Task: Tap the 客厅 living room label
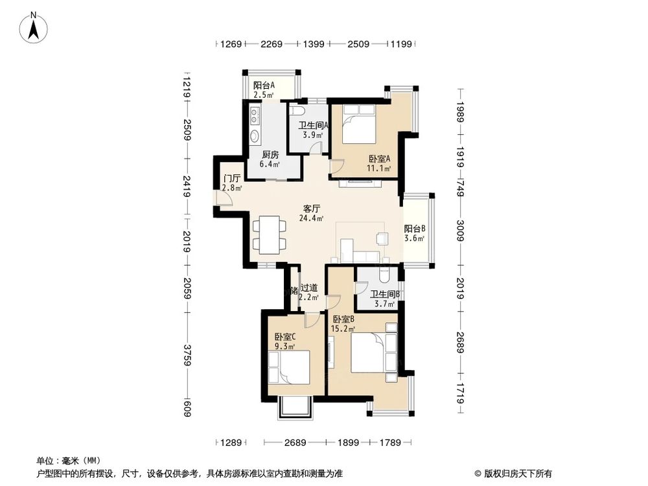(312, 209)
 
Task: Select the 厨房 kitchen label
(270, 155)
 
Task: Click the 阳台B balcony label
(415, 229)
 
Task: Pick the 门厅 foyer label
(231, 178)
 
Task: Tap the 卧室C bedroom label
(284, 337)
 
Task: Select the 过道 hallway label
(309, 288)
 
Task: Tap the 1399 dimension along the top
(314, 44)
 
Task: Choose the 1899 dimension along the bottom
(347, 443)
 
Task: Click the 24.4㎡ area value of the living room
(312, 218)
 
